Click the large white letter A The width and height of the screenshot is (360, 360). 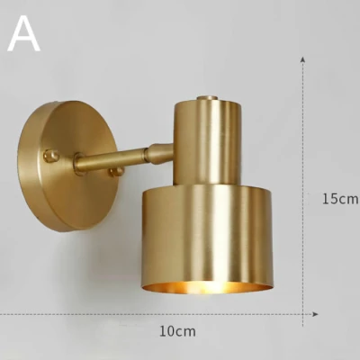pyautogui.click(x=24, y=33)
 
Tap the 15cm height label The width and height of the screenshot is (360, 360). pyautogui.click(x=340, y=199)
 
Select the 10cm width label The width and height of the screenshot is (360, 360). pyautogui.click(x=177, y=331)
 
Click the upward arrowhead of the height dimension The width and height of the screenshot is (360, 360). pyautogui.click(x=303, y=58)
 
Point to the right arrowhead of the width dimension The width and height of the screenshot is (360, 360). pyautogui.click(x=315, y=314)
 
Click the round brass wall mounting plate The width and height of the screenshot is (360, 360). pyautogui.click(x=67, y=166)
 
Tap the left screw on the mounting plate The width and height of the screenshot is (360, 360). pyautogui.click(x=50, y=157)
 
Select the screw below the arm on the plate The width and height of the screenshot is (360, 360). pyautogui.click(x=116, y=172)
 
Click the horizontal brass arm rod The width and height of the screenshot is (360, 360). pyautogui.click(x=111, y=159)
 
